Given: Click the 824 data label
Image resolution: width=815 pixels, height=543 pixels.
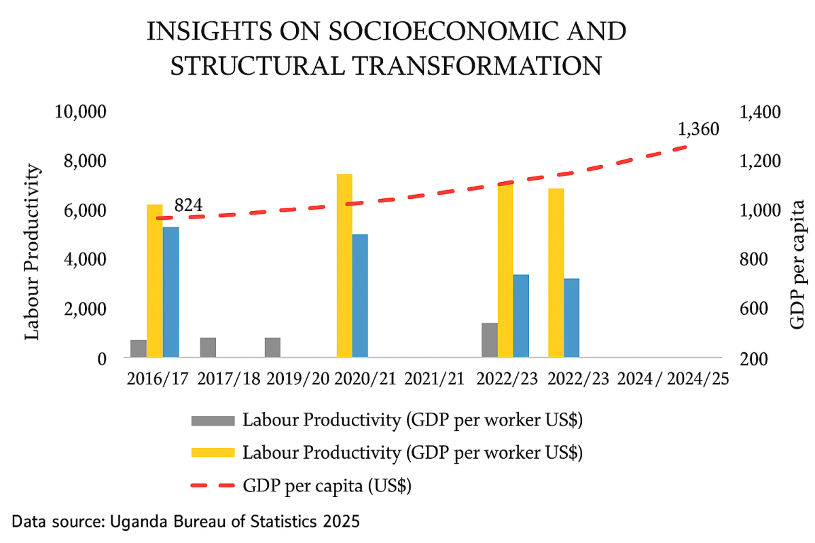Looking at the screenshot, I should [189, 205].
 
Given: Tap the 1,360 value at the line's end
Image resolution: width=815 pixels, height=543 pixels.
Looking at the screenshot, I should [698, 129].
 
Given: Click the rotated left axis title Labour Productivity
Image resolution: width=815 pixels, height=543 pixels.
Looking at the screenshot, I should [33, 252].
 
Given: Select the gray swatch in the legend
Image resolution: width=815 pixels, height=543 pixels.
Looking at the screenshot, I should [213, 420].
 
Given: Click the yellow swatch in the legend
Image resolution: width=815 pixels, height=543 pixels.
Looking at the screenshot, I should [213, 452].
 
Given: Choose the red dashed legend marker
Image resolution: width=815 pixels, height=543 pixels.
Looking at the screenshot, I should [213, 485].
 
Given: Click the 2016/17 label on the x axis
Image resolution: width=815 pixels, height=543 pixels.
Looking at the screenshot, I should [157, 378].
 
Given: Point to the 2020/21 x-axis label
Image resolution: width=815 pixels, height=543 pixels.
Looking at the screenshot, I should [363, 378].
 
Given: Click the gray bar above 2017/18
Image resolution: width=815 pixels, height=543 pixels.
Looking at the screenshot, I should [208, 347].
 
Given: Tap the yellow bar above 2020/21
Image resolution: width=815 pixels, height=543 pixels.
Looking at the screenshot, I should [344, 265].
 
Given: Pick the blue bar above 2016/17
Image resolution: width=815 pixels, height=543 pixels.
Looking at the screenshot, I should [170, 292].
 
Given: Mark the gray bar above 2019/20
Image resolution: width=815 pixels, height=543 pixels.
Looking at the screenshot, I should [272, 347].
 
